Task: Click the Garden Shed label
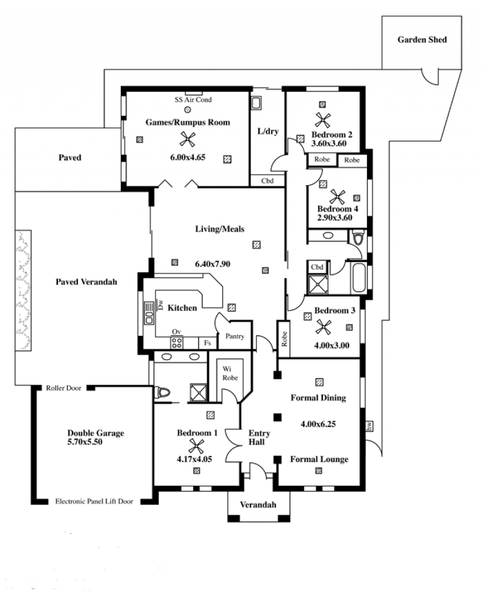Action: (x=422, y=40)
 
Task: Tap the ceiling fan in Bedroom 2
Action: (x=322, y=121)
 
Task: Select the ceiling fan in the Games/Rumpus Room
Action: (x=187, y=139)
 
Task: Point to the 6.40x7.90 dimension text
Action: (x=213, y=264)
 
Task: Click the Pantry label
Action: (x=235, y=336)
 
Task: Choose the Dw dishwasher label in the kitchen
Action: (x=160, y=304)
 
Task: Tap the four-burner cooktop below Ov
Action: (x=176, y=343)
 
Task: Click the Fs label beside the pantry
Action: (x=207, y=343)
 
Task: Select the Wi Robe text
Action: (x=230, y=373)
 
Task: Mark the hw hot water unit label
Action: (x=369, y=426)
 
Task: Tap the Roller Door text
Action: (x=63, y=388)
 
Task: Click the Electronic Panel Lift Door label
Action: (x=94, y=501)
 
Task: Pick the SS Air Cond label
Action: (x=193, y=100)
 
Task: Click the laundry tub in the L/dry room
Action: (x=256, y=103)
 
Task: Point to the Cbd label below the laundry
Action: (x=267, y=181)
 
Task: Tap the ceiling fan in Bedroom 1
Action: (x=196, y=446)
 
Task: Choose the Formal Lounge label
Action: (x=319, y=459)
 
